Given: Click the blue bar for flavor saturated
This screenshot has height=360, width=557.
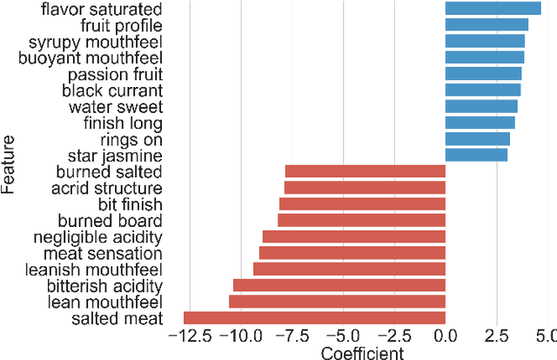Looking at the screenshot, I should click(493, 9).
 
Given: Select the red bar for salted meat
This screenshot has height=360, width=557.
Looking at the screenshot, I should click(314, 318).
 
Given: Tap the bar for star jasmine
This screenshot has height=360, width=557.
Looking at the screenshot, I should click(476, 155).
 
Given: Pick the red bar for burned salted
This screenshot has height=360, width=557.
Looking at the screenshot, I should click(365, 171).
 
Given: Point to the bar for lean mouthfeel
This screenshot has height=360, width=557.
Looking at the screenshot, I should click(337, 301).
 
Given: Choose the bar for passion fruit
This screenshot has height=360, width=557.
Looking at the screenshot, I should click(484, 73).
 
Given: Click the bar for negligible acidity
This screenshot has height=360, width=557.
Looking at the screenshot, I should click(354, 237).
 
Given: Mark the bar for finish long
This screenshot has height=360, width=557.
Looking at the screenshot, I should click(480, 123).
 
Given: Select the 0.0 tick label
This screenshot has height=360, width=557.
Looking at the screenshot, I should click(446, 337).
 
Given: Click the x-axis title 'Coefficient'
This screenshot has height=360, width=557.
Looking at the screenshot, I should click(362, 352).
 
